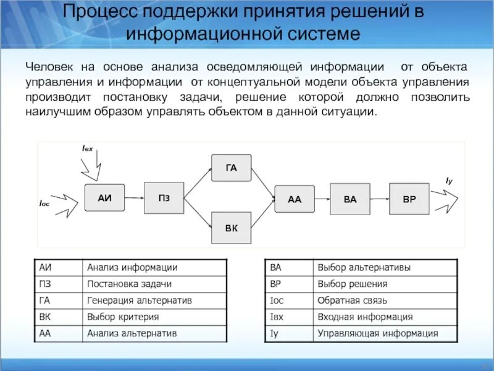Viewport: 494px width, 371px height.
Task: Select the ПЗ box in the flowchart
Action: pyautogui.click(x=164, y=198)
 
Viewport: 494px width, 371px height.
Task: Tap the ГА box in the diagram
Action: pyautogui.click(x=232, y=168)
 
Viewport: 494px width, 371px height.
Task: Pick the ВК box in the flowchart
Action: pyautogui.click(x=232, y=228)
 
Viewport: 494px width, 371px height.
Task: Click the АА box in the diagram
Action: pyautogui.click(x=295, y=199)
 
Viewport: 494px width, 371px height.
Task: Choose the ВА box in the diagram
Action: pyautogui.click(x=350, y=199)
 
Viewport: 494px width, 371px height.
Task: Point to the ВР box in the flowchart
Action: pyautogui.click(x=409, y=199)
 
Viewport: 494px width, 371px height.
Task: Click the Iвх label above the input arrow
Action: pyautogui.click(x=87, y=149)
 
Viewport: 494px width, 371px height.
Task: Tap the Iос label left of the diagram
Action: pyautogui.click(x=44, y=202)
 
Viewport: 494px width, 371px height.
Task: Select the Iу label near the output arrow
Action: pyautogui.click(x=449, y=180)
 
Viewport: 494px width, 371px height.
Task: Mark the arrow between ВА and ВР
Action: pyautogui.click(x=380, y=199)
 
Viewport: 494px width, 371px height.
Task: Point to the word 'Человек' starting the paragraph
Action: pyautogui.click(x=48, y=66)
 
